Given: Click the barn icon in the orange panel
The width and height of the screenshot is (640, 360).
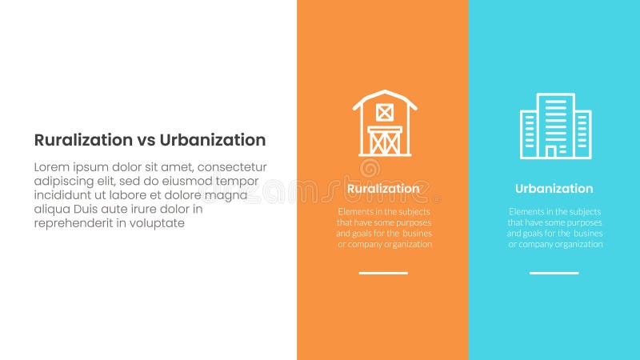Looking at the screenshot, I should [x=385, y=123].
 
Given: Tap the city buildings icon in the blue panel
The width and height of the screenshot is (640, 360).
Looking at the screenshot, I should [x=555, y=126].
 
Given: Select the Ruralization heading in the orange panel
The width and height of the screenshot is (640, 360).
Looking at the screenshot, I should [x=383, y=189].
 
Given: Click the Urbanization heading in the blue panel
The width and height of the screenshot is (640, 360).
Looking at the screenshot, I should [x=554, y=189].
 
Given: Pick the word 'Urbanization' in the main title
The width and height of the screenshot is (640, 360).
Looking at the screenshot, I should [x=213, y=140].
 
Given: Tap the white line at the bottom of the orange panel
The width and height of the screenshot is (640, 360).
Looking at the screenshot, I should [x=383, y=273].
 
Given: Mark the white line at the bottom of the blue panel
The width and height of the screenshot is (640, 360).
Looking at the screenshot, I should [x=554, y=273].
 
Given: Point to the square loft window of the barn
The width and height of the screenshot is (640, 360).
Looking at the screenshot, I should [x=385, y=112].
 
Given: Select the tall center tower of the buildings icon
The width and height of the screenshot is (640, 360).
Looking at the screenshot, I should [x=555, y=120].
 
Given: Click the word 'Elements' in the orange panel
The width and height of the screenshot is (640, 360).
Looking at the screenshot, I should [x=353, y=211].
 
